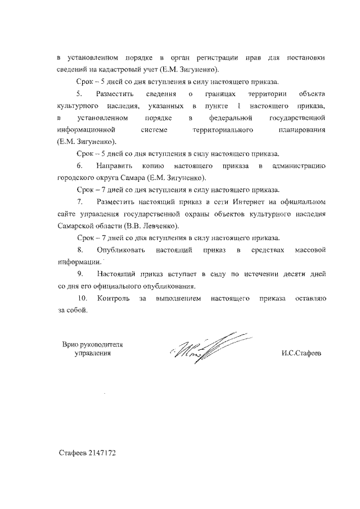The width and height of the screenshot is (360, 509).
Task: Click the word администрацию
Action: click(298, 166)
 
